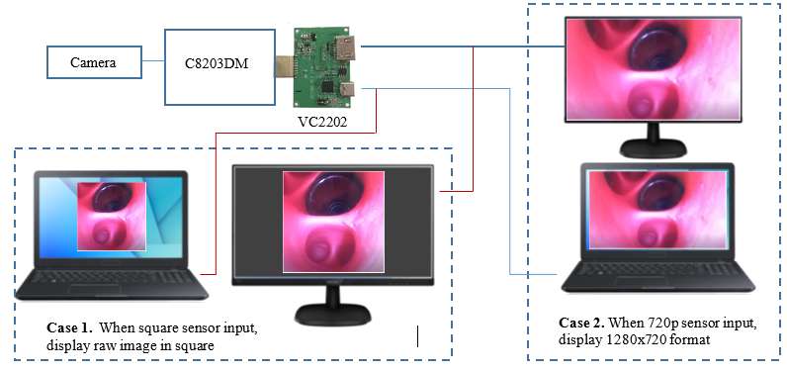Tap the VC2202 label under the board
point(325,125)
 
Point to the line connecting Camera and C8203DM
point(153,63)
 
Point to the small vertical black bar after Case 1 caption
point(418,336)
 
